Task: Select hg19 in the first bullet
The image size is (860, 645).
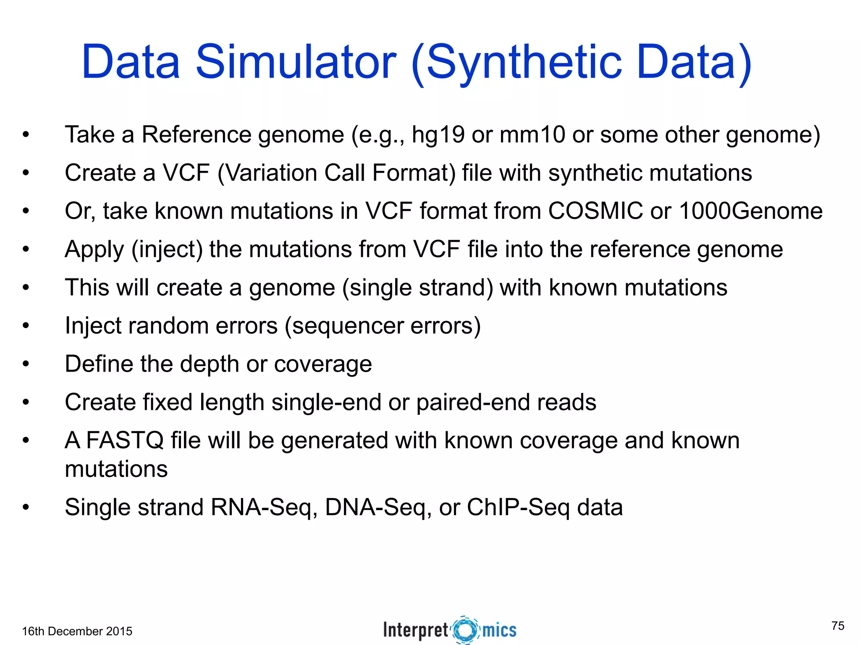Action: click(438, 135)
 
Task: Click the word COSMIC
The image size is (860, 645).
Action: click(595, 211)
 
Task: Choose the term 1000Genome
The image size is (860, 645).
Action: click(750, 211)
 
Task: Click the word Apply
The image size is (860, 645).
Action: click(94, 250)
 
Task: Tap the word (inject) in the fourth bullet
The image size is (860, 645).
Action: click(167, 250)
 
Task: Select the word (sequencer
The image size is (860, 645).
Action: click(344, 326)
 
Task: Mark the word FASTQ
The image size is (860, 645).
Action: click(125, 440)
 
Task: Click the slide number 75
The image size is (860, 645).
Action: click(837, 626)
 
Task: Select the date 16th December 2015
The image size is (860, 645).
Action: click(77, 631)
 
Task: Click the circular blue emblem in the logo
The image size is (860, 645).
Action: click(465, 630)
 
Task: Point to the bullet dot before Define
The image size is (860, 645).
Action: click(26, 364)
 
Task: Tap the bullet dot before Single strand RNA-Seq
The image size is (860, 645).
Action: click(26, 507)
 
